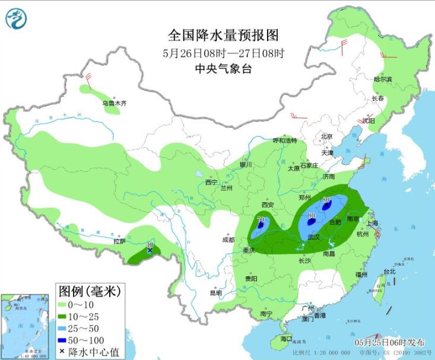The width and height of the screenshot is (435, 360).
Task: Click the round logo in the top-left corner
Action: (x=16, y=19)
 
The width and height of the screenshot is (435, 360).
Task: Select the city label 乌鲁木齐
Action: (x=114, y=103)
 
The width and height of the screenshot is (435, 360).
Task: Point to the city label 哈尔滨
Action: (x=383, y=79)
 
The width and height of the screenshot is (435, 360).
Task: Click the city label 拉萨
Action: (x=119, y=241)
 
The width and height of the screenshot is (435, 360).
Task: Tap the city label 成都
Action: (x=228, y=240)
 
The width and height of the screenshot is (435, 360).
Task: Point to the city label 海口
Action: (x=287, y=339)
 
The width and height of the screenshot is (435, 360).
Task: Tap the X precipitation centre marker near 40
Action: (x=150, y=251)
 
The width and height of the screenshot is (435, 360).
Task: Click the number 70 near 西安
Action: (x=260, y=219)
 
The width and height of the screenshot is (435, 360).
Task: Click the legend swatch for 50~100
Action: (x=64, y=339)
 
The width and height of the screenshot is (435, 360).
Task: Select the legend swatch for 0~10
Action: (x=64, y=305)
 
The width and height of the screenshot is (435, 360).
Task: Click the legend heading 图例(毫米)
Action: (x=89, y=291)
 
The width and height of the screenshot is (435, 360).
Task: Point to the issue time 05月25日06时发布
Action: (x=390, y=343)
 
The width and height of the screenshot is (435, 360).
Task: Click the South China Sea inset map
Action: (x=25, y=326)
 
